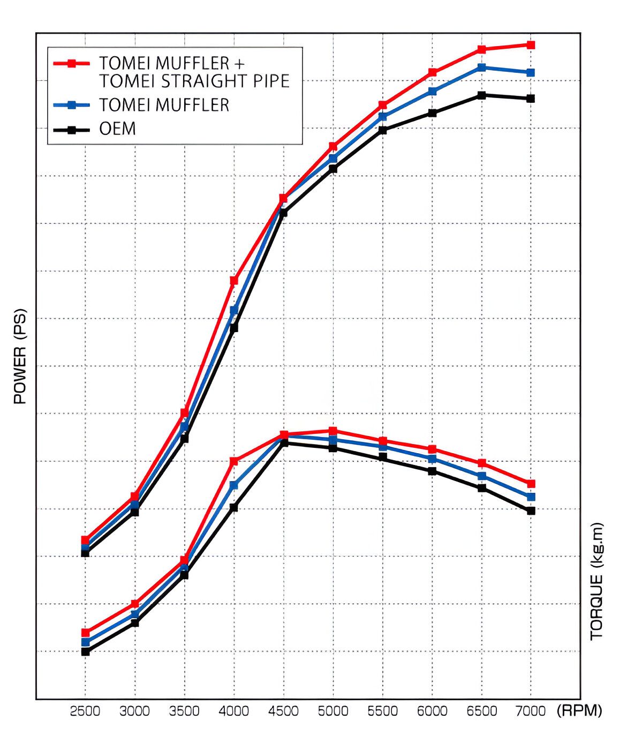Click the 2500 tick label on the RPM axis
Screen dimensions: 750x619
pyautogui.click(x=85, y=711)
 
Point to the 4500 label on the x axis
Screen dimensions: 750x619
pyautogui.click(x=283, y=711)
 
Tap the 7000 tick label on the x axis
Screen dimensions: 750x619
pyautogui.click(x=531, y=711)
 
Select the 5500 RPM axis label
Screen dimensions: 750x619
pyautogui.click(x=382, y=711)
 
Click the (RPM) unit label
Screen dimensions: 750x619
pyautogui.click(x=579, y=711)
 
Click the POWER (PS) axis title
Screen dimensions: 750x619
pyautogui.click(x=20, y=356)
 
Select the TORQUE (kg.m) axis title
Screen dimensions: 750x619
pyautogui.click(x=597, y=581)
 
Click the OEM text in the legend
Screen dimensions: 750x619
pyautogui.click(x=117, y=129)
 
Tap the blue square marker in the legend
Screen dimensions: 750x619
pyautogui.click(x=71, y=105)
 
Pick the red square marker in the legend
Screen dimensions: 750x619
pyautogui.click(x=71, y=63)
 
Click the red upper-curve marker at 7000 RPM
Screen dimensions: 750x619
pyautogui.click(x=531, y=45)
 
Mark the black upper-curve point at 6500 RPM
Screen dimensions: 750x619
pyautogui.click(x=481, y=95)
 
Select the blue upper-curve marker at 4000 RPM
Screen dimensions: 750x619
pyautogui.click(x=234, y=310)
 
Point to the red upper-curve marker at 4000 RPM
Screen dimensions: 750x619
pyautogui.click(x=234, y=280)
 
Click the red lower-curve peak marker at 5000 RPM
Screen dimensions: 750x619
pyautogui.click(x=333, y=431)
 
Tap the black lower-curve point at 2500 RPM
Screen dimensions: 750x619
pyautogui.click(x=85, y=651)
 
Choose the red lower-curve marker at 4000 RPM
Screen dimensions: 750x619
pyautogui.click(x=234, y=461)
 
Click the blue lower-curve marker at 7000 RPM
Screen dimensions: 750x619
pyautogui.click(x=531, y=497)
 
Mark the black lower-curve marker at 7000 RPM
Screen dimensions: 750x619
pyautogui.click(x=531, y=511)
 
